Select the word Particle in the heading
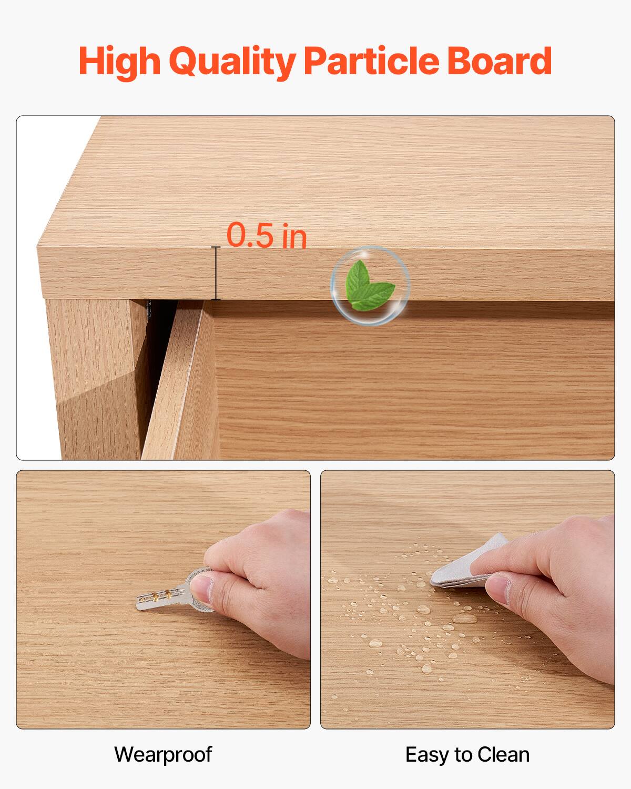pyautogui.click(x=371, y=62)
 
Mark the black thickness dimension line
pyautogui.click(x=215, y=273)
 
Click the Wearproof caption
pyautogui.click(x=163, y=754)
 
